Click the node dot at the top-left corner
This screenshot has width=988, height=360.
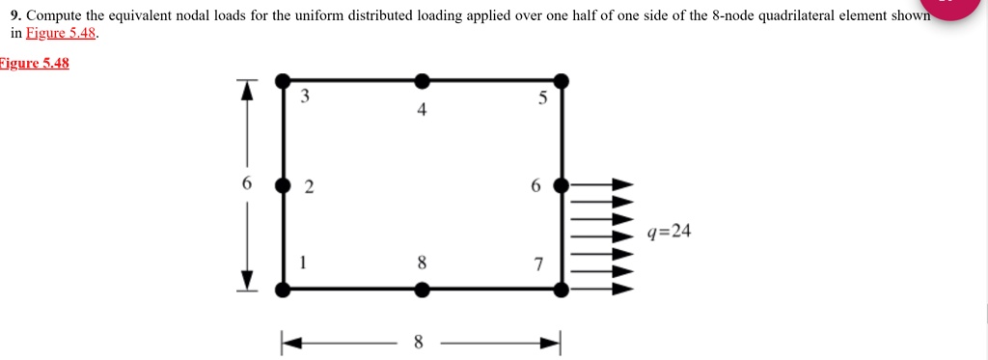(x=282, y=80)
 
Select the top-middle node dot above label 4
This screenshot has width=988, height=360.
(x=422, y=80)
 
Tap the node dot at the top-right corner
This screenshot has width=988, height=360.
(x=562, y=80)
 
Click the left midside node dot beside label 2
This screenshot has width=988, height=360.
(x=282, y=184)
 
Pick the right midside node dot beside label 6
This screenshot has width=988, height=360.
(x=562, y=184)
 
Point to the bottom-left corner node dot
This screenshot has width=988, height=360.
(x=282, y=288)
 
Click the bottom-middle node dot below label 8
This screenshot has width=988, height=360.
(x=422, y=288)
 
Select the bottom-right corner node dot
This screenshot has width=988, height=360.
(x=562, y=288)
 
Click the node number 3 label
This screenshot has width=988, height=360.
(x=305, y=97)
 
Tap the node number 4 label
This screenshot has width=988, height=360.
(x=422, y=110)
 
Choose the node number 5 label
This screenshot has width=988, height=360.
(x=542, y=97)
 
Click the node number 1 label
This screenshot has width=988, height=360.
(x=305, y=261)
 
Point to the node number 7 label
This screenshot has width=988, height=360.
(x=538, y=263)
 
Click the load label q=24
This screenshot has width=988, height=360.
(x=670, y=232)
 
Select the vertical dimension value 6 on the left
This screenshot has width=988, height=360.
(x=247, y=183)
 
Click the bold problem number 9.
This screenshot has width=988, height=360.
(x=14, y=16)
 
